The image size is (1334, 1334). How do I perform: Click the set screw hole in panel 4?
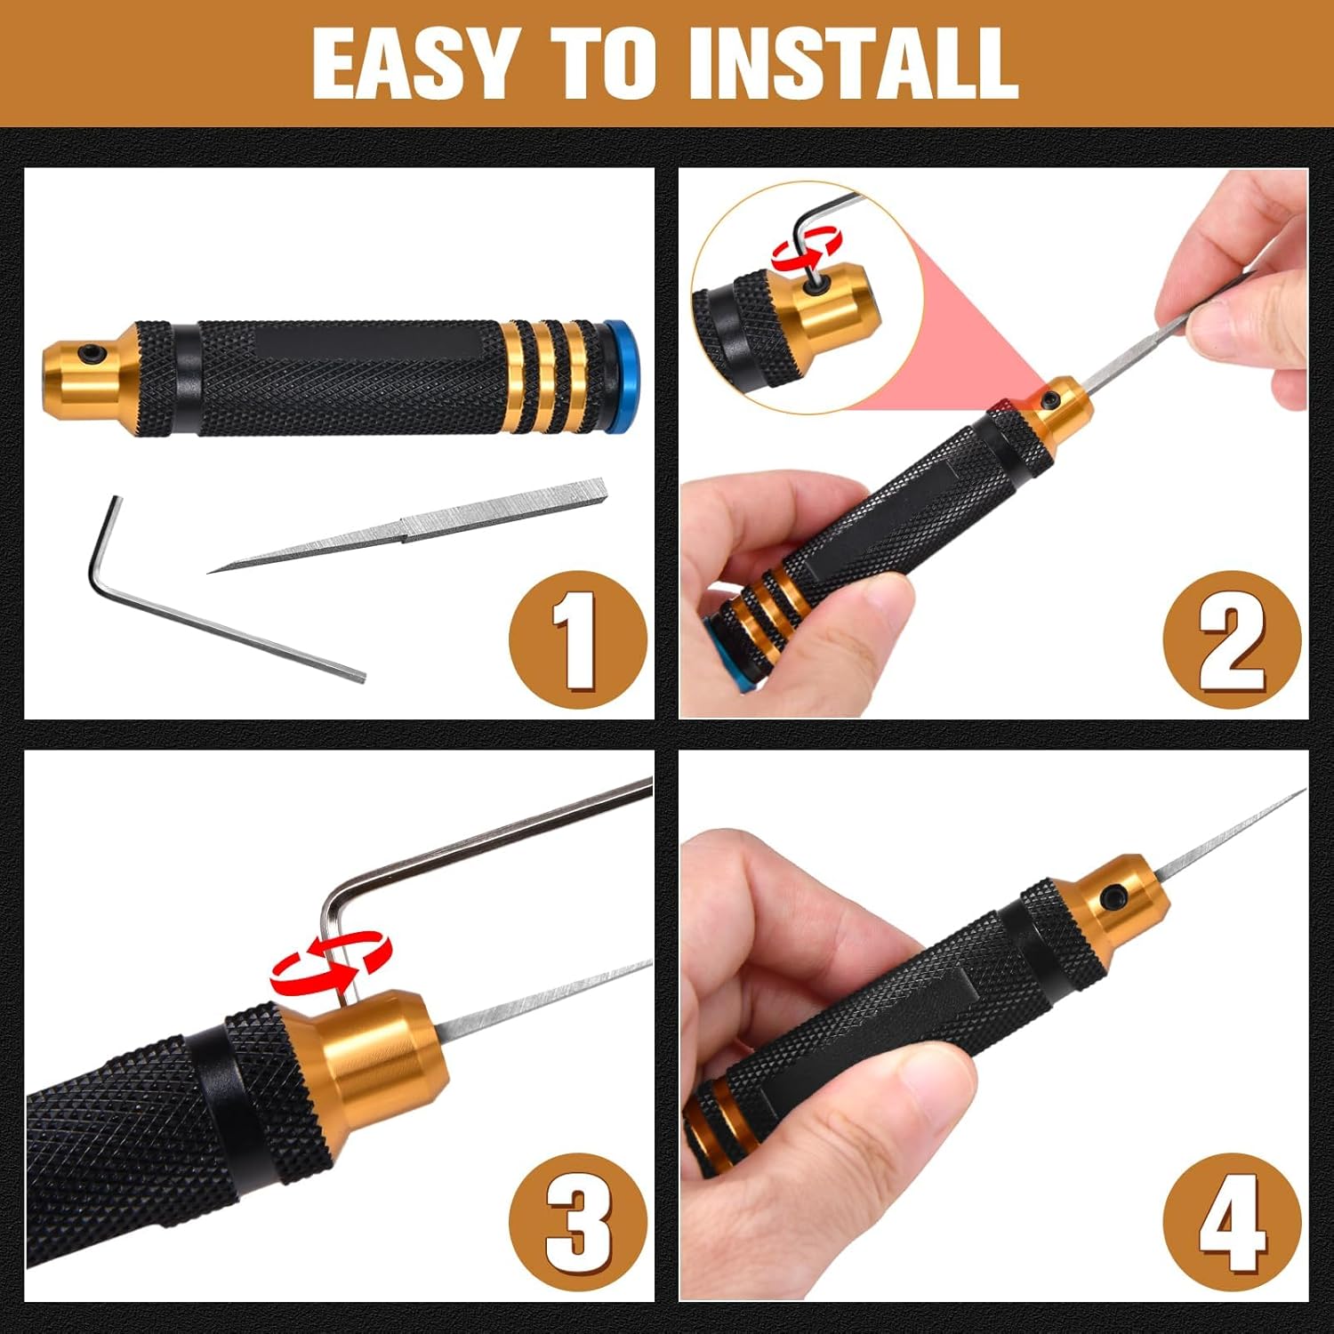click(1113, 900)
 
